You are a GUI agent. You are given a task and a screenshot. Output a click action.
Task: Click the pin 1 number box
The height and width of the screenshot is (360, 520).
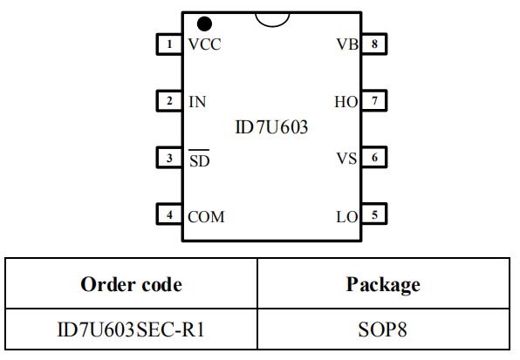169,44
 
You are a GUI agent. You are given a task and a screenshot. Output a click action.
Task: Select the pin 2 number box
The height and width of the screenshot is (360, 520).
169,101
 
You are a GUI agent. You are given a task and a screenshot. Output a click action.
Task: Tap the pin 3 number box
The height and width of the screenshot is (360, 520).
169,159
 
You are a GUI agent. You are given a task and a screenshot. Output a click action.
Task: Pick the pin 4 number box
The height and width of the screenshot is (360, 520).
169,215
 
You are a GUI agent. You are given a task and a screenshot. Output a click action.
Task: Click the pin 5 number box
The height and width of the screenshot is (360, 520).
373,215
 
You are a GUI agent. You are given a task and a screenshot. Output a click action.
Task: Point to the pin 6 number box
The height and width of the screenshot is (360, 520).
373,159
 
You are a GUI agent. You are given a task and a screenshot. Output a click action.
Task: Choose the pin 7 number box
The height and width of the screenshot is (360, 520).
373,101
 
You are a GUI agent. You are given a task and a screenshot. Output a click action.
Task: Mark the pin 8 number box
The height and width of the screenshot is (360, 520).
373,44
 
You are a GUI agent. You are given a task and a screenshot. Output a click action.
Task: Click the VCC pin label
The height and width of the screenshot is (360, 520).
204,45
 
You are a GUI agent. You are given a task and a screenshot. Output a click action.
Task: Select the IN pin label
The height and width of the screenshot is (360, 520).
197,102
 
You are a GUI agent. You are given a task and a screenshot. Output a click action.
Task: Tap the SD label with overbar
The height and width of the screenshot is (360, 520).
199,160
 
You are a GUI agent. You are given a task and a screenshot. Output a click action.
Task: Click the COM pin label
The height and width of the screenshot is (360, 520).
206,216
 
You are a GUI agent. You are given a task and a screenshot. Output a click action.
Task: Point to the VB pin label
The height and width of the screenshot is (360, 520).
346,45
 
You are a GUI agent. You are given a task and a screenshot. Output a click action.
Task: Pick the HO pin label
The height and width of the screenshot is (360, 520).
346,102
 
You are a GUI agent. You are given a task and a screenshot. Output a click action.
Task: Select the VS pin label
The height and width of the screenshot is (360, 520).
346,159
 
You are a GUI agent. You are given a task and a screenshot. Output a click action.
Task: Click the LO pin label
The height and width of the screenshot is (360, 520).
346,216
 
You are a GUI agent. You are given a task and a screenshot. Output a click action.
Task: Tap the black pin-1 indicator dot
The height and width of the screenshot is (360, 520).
205,24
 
